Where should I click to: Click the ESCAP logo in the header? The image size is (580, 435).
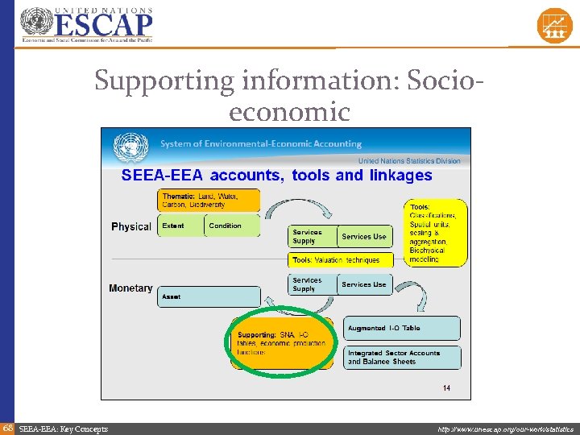click(86, 24)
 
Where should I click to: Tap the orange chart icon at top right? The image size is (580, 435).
click(554, 25)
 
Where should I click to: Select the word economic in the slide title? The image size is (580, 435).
click(289, 111)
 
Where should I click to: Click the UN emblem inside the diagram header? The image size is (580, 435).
click(130, 147)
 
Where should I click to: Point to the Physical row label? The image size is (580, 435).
click(131, 227)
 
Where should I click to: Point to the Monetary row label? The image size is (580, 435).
click(130, 288)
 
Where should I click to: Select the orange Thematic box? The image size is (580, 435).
click(209, 201)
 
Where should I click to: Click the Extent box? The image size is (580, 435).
click(180, 226)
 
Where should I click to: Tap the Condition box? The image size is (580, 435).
click(232, 226)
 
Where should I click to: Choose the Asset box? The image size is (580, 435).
click(209, 296)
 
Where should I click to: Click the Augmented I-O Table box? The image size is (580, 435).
click(403, 328)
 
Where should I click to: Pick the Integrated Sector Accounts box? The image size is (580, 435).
click(403, 357)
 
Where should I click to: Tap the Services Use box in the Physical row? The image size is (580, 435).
click(364, 236)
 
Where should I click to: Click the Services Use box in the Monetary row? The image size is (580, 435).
click(364, 284)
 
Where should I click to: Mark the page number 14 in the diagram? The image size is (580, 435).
click(446, 388)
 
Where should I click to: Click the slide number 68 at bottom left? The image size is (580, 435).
click(7, 429)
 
